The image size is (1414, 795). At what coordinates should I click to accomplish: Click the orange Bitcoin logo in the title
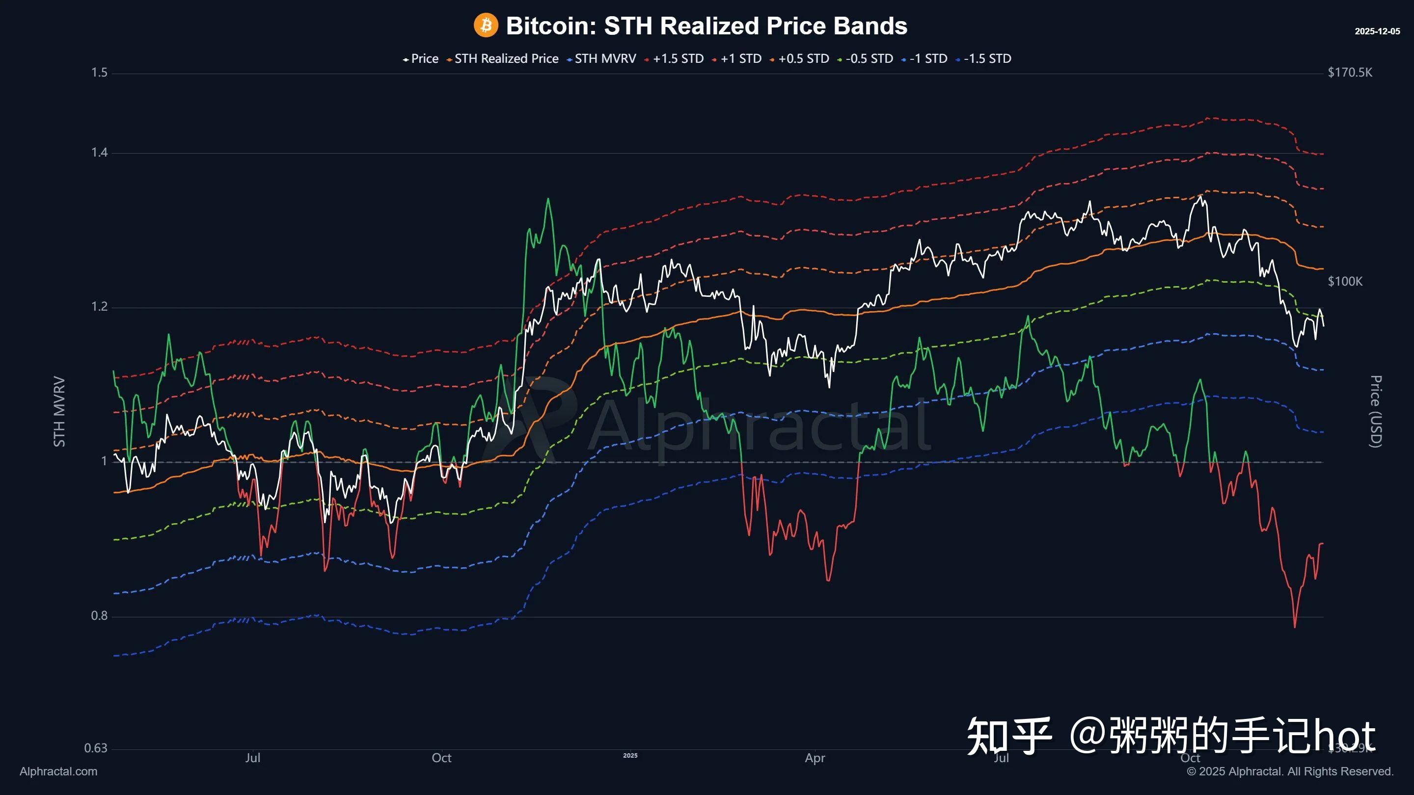(485, 25)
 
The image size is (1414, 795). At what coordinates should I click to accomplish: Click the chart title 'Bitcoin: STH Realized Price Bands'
(706, 26)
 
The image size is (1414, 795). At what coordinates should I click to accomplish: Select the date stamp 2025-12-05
(1377, 31)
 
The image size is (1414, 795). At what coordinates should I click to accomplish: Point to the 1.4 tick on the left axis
(99, 153)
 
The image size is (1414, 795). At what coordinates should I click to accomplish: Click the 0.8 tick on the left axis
(99, 615)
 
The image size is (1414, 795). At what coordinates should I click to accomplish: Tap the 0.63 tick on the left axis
(96, 748)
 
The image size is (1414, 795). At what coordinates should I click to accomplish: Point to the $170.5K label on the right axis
(1350, 73)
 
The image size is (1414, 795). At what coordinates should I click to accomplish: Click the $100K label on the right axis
(1345, 282)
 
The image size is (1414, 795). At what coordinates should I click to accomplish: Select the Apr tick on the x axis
(815, 758)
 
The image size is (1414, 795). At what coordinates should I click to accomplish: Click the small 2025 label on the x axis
(630, 756)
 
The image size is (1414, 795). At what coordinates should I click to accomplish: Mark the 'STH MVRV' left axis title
(59, 412)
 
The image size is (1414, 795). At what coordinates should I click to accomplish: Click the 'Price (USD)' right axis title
(1376, 412)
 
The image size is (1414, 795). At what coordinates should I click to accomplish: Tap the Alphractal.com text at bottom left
(58, 771)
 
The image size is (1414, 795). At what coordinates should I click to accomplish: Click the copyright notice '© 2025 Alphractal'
(1290, 771)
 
